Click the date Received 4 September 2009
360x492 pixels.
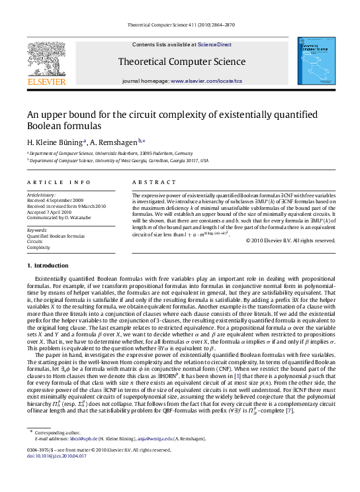(x=56, y=200)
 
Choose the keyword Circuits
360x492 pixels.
(x=36, y=241)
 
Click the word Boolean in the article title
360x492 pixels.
(x=42, y=126)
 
